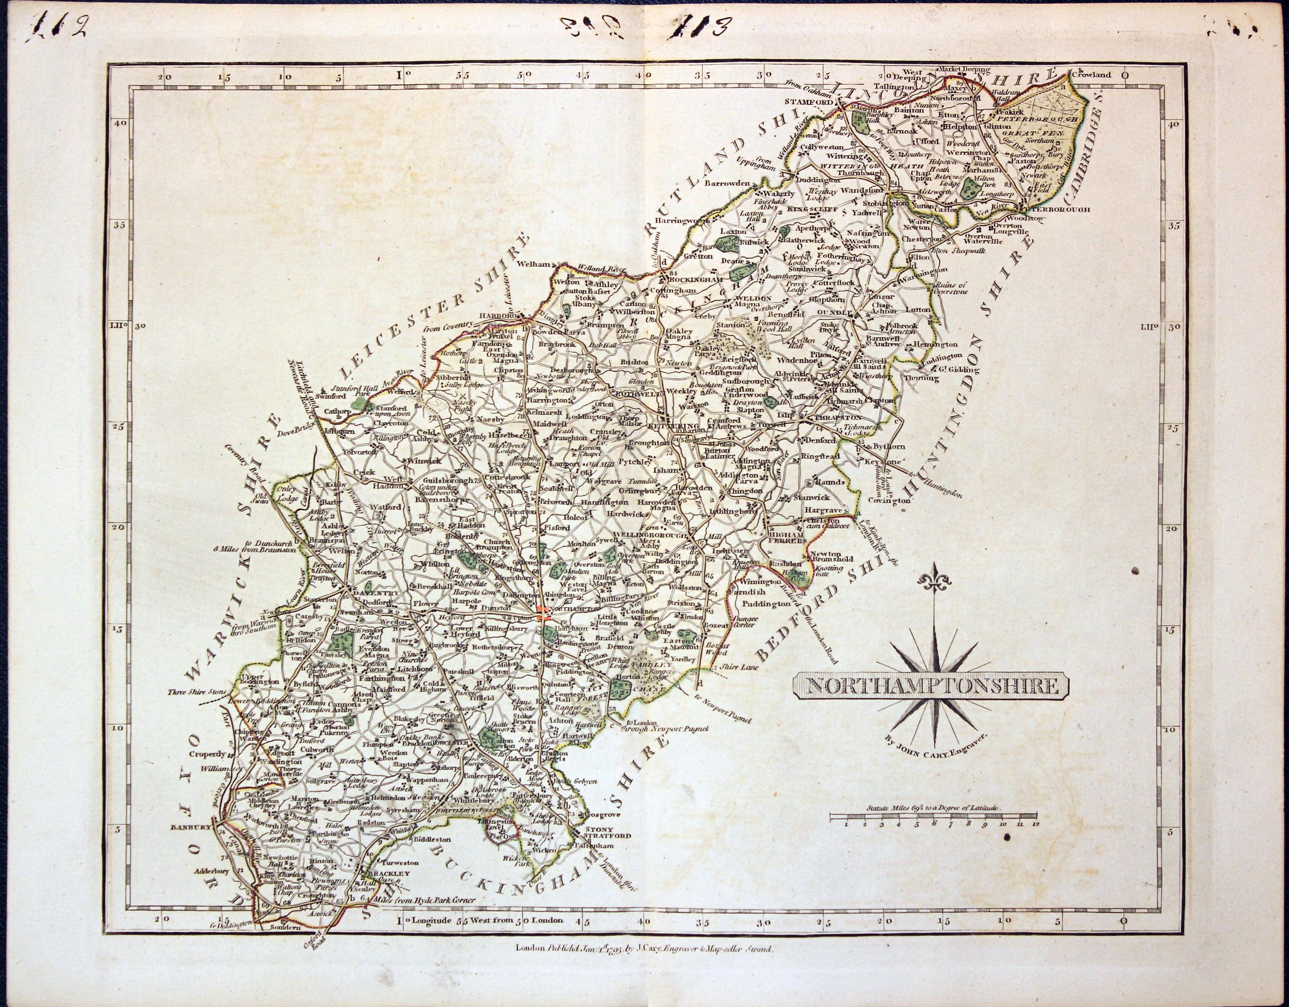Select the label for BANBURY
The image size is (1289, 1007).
(x=191, y=827)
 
